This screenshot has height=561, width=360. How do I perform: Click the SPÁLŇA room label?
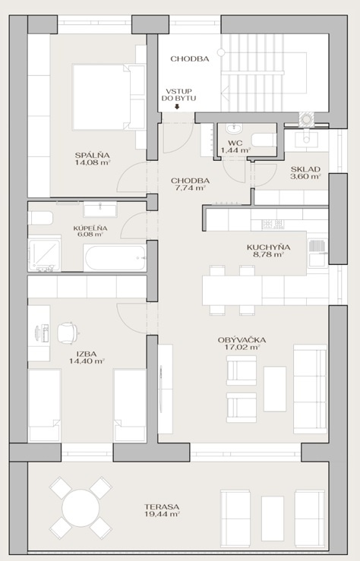[x=93, y=156]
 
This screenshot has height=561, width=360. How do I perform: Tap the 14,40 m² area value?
[x=87, y=361]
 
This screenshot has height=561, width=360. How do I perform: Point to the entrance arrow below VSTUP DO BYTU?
[x=177, y=106]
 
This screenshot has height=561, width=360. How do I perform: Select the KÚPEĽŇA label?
[x=90, y=228]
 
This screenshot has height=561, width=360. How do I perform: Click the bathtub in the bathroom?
[x=115, y=257]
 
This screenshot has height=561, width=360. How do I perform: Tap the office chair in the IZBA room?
[x=68, y=333]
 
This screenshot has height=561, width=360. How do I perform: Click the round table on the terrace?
[x=81, y=507]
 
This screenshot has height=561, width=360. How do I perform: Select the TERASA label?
[x=162, y=507]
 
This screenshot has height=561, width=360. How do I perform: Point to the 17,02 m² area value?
[x=242, y=347]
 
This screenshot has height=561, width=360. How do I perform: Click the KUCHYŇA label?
[x=268, y=247]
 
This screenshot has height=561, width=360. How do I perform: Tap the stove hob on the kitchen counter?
[x=273, y=225]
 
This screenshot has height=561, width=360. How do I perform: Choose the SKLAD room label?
[x=305, y=169]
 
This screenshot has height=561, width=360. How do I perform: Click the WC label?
[x=235, y=143]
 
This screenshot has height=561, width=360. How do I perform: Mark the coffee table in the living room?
[x=275, y=389]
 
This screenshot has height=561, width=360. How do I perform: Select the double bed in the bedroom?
[x=109, y=97]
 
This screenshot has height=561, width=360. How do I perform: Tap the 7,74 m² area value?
[x=190, y=188]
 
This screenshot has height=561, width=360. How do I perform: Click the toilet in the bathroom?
[x=40, y=218]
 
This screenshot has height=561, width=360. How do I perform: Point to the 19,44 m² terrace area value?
[x=162, y=514]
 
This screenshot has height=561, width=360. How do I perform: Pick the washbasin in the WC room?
[x=235, y=128]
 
